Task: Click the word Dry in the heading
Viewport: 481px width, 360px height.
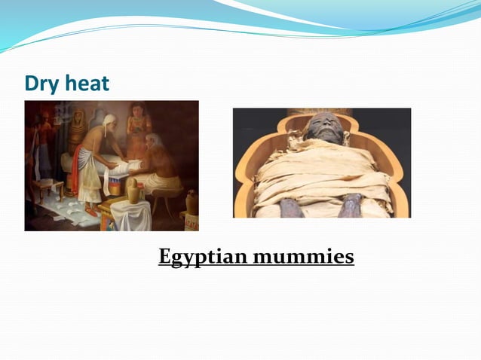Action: click(40, 83)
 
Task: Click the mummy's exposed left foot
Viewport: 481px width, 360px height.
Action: click(352, 206)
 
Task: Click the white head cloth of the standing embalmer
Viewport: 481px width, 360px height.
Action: click(110, 119)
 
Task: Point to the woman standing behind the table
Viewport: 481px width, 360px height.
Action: click(138, 121)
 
